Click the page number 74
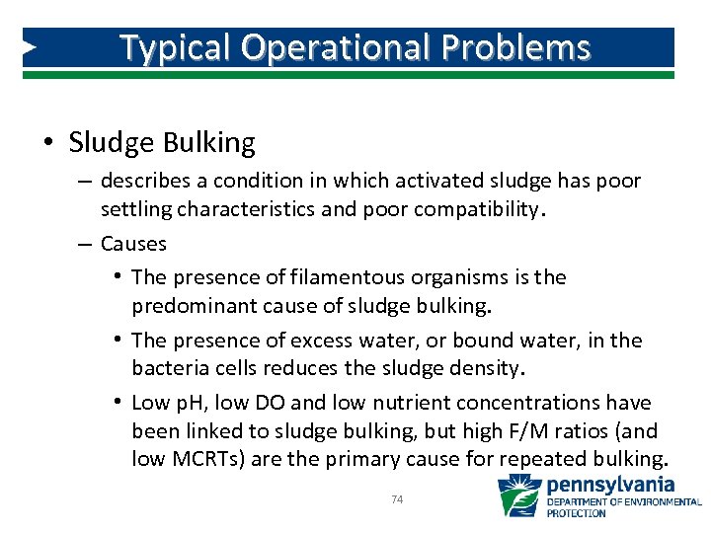[x=397, y=500]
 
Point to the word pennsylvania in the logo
[x=611, y=485]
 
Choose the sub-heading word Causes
[x=133, y=244]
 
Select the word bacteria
[x=168, y=369]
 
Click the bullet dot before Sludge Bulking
[x=49, y=144]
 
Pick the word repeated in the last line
[x=557, y=460]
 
